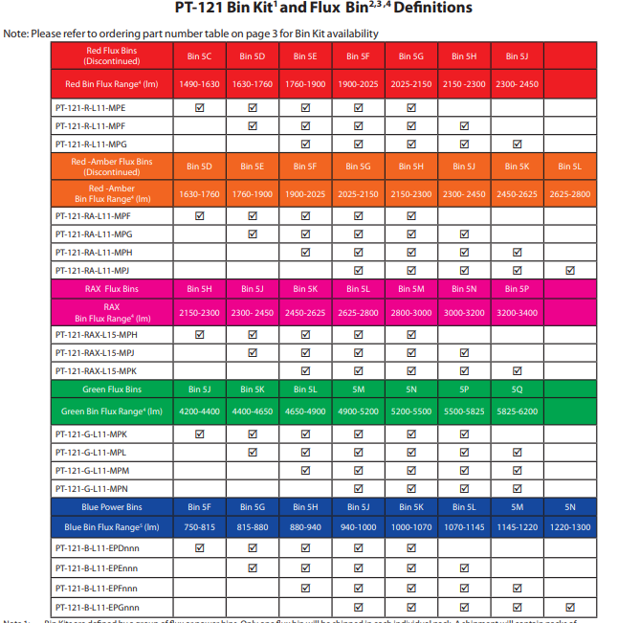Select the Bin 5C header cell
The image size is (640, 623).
[200, 56]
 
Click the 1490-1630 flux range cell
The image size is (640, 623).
[200, 84]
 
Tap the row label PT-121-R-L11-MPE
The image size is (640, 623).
[91, 108]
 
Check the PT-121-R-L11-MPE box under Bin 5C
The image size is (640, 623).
[200, 108]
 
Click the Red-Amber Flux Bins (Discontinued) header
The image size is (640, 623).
[112, 167]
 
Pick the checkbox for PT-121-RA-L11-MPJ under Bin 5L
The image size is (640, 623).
[570, 270]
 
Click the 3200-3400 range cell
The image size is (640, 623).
[517, 313]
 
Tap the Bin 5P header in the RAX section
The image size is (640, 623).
[517, 288]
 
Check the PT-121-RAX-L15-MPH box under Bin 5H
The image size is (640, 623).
[200, 335]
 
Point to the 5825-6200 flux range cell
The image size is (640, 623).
[517, 412]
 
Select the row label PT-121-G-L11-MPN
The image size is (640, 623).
[92, 487]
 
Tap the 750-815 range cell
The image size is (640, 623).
[200, 526]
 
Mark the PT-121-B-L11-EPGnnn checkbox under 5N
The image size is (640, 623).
[570, 607]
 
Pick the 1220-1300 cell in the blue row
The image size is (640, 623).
[570, 526]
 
